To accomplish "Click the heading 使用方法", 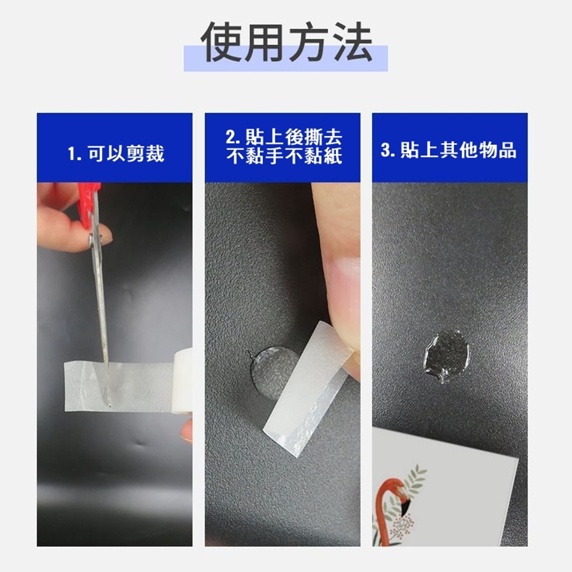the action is pyautogui.click(x=287, y=42).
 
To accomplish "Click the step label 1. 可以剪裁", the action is pyautogui.click(x=116, y=153).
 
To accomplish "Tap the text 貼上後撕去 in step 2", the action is pyautogui.click(x=294, y=137).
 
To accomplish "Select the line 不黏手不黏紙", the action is pyautogui.click(x=284, y=156).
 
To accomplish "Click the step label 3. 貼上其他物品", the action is pyautogui.click(x=448, y=150).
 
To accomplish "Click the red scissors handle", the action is pyautogui.click(x=88, y=204).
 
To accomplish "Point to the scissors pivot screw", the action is pyautogui.click(x=90, y=239).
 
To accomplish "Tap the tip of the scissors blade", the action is pyautogui.click(x=108, y=404).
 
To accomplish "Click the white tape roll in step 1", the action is pyautogui.click(x=182, y=381).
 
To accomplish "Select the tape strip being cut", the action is pyautogui.click(x=118, y=386).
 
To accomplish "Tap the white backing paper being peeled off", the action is pyautogui.click(x=308, y=388).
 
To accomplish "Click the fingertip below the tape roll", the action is pyautogui.click(x=187, y=431).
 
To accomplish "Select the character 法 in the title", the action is pyautogui.click(x=352, y=42).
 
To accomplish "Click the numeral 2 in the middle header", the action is pyautogui.click(x=230, y=138).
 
